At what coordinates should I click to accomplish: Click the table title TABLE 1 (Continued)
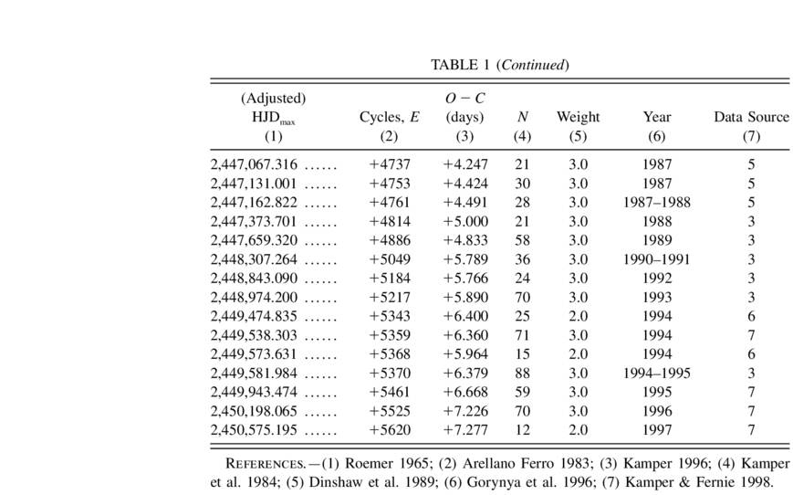click(500, 65)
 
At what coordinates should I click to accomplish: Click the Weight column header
click(578, 117)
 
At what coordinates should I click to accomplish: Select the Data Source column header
click(751, 117)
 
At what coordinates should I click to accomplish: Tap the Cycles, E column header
click(390, 117)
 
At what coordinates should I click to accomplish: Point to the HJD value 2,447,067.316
click(254, 165)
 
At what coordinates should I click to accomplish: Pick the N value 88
click(522, 372)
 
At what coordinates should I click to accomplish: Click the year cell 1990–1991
click(656, 258)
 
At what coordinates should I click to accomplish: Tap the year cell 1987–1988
click(656, 202)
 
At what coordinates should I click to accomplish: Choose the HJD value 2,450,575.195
click(254, 429)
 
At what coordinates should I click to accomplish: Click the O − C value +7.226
click(465, 410)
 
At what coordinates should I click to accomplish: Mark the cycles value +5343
click(390, 315)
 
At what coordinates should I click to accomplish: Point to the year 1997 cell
click(656, 429)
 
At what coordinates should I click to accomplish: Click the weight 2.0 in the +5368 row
click(579, 353)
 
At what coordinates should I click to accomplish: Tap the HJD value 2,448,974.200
click(254, 297)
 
